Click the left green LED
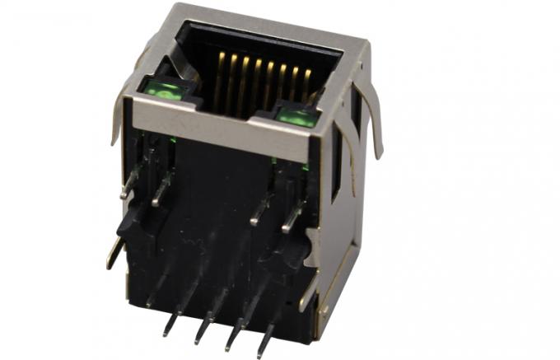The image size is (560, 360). pyautogui.click(x=168, y=91)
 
